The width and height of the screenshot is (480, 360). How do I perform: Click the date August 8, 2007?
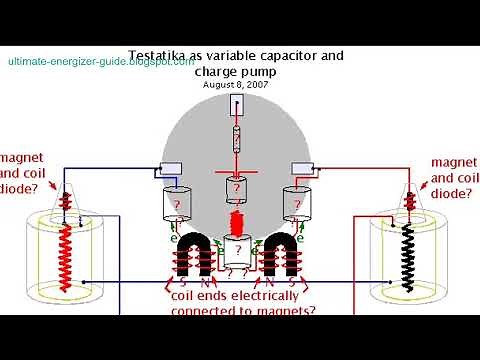237,86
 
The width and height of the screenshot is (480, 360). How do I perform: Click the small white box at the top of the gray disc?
237,107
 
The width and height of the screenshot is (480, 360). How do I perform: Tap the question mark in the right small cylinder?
297,203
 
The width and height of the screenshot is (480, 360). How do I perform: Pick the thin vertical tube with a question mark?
237,141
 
